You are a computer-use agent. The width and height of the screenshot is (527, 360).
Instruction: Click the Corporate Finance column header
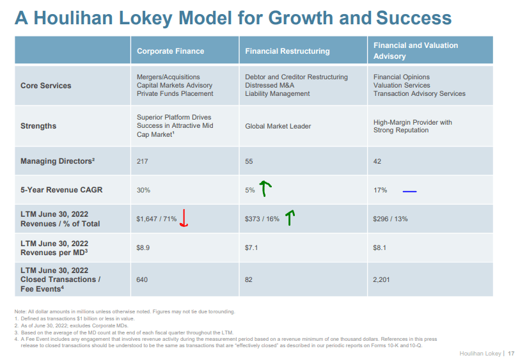(x=170, y=51)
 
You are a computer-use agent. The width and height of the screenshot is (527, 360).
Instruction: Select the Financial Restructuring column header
(x=287, y=51)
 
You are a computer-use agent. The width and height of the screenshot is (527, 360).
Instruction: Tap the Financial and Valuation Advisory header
(x=416, y=51)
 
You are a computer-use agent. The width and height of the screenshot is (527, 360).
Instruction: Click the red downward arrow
(x=184, y=219)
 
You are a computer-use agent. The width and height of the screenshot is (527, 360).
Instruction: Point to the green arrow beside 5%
(x=265, y=189)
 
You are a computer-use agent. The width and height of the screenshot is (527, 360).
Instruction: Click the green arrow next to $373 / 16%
(x=290, y=219)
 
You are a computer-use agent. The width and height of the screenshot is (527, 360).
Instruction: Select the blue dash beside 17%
(x=409, y=190)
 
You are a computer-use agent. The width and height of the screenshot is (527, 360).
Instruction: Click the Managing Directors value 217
(x=143, y=161)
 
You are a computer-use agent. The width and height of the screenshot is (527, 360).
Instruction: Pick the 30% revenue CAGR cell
(x=143, y=190)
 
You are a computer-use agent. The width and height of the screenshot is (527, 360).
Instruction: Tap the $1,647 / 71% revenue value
(x=157, y=219)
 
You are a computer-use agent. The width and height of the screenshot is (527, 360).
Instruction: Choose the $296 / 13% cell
(x=390, y=219)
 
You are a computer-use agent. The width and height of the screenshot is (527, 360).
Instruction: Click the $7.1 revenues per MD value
(x=251, y=247)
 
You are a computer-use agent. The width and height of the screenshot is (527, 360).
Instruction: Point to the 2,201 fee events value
(x=382, y=279)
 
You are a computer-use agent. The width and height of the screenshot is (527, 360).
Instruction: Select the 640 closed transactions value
(x=143, y=279)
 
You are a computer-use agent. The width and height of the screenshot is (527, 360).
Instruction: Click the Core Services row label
(x=46, y=86)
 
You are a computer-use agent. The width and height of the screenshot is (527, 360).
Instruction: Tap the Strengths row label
(x=38, y=126)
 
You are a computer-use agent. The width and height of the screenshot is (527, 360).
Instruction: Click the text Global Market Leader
(x=278, y=126)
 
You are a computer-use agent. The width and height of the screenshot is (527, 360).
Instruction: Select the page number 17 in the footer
(x=510, y=354)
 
